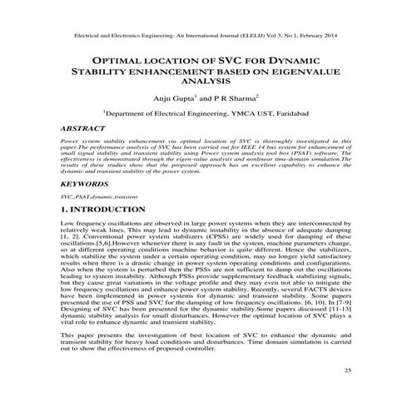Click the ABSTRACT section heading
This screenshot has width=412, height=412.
pyautogui.click(x=84, y=130)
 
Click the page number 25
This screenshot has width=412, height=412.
pyautogui.click(x=348, y=391)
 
